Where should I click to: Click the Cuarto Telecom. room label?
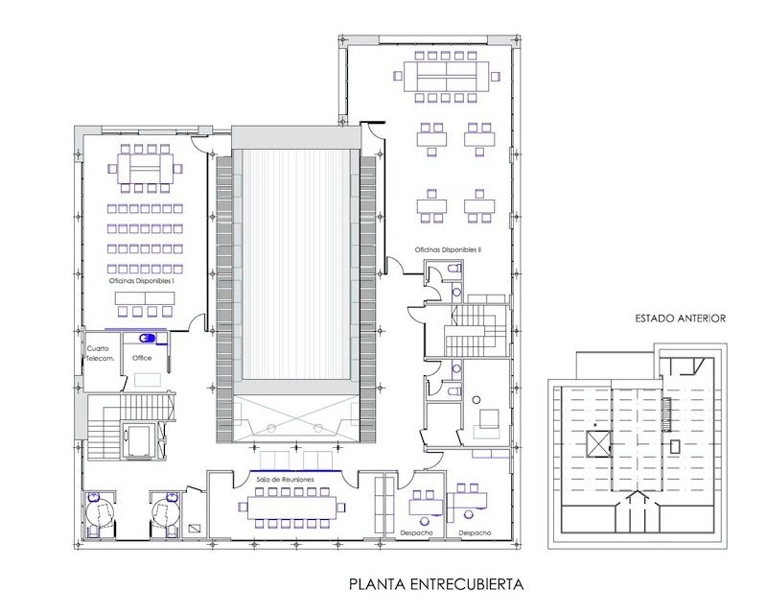(x=101, y=353)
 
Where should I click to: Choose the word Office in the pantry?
(x=143, y=358)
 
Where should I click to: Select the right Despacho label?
(x=475, y=532)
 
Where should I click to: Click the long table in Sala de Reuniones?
(x=293, y=507)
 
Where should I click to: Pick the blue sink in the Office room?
(x=149, y=338)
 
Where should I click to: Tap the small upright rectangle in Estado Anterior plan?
(x=675, y=446)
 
